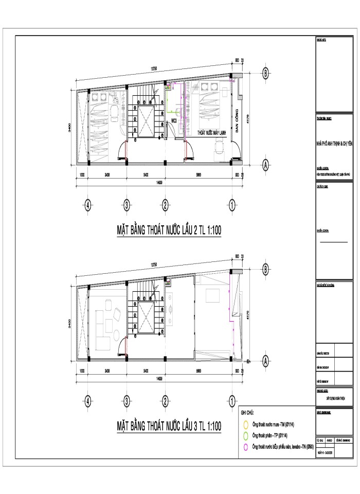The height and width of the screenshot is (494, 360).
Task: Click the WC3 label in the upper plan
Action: (174, 120)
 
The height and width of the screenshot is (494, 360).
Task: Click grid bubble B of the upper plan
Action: (265, 73)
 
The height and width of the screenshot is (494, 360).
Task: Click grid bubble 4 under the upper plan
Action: (88, 205)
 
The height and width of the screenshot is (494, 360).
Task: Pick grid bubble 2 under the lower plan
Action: (166, 400)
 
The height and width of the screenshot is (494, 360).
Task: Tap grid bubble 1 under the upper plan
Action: (232, 205)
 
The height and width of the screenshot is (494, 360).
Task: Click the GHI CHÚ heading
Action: (247, 413)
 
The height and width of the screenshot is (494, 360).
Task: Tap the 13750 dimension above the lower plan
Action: (154, 264)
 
